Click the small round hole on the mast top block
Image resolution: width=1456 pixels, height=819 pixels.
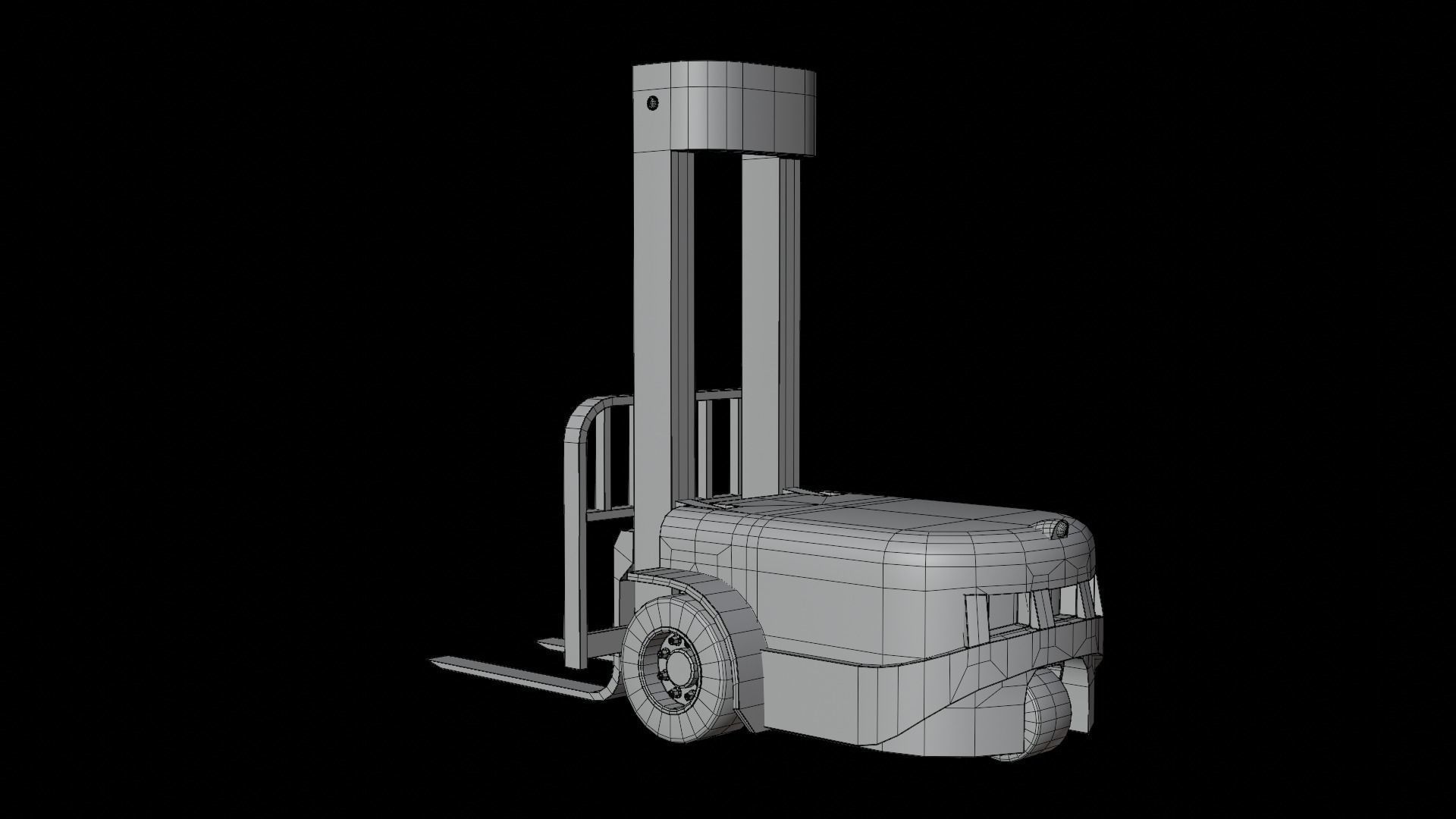tap(652, 102)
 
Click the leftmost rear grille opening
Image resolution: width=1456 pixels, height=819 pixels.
tap(978, 618)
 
